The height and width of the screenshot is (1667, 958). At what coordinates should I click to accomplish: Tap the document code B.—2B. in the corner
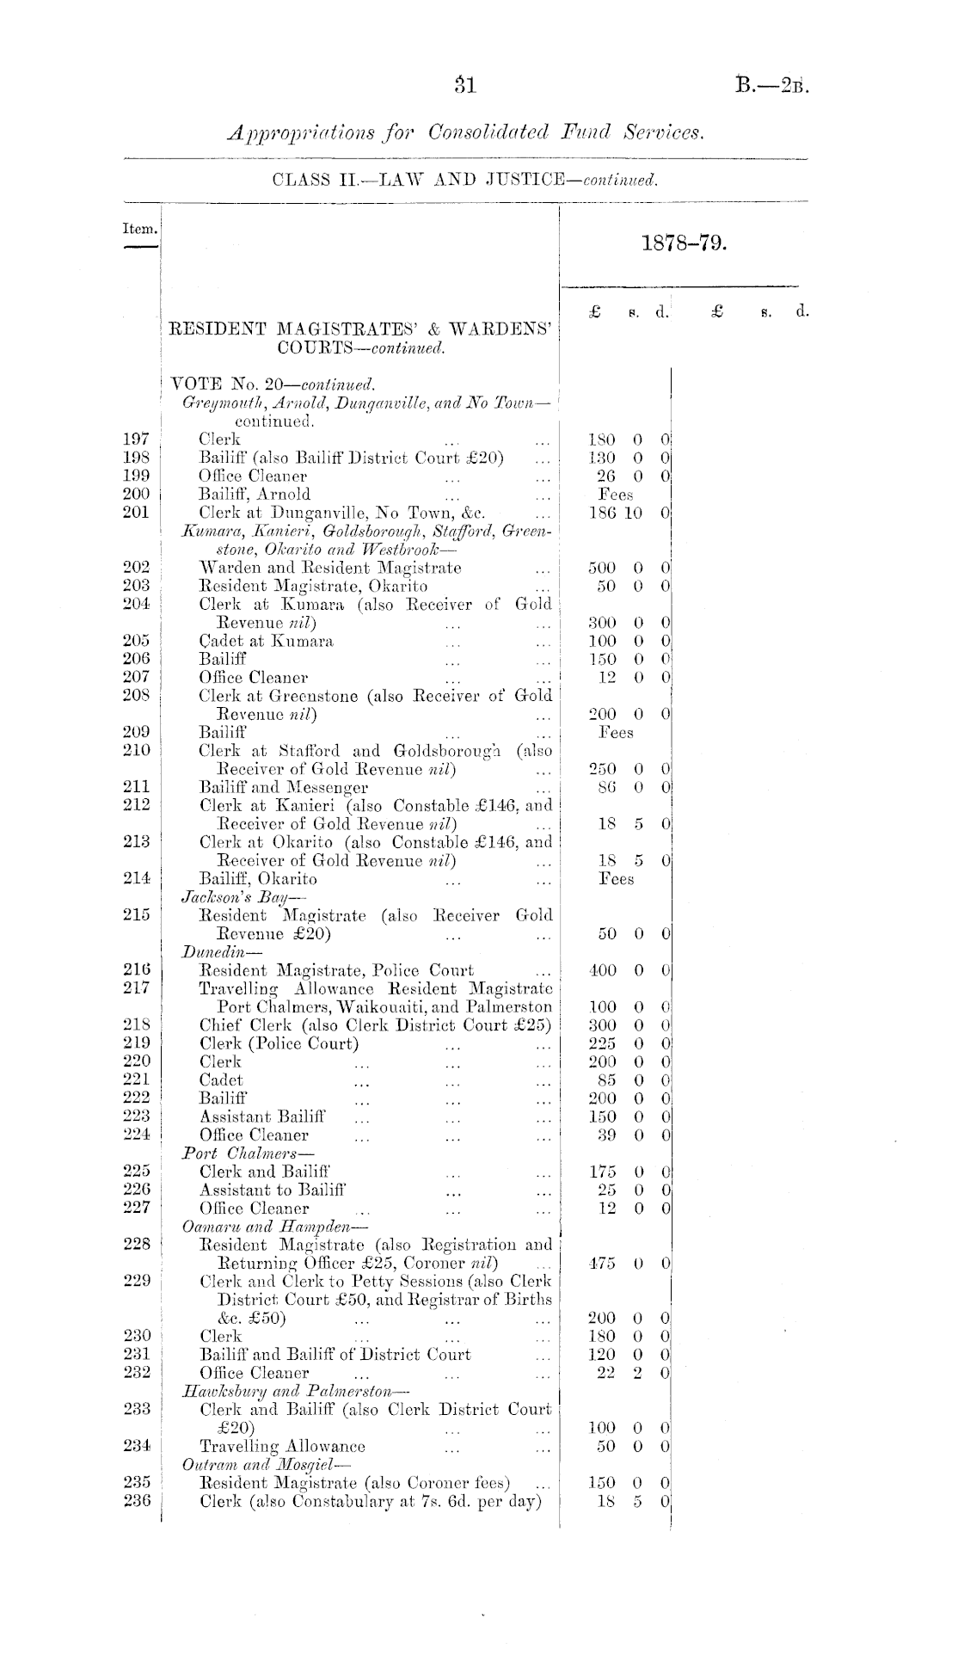773,85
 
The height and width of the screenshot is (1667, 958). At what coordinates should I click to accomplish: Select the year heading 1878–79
685,243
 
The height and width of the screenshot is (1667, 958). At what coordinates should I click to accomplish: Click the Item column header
140,230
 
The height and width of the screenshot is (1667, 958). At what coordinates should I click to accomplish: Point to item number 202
138,568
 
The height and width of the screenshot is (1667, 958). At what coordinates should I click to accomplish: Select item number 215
138,916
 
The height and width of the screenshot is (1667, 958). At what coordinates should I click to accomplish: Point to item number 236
138,1501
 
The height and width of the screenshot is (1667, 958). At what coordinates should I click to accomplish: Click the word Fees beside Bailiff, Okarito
616,879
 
